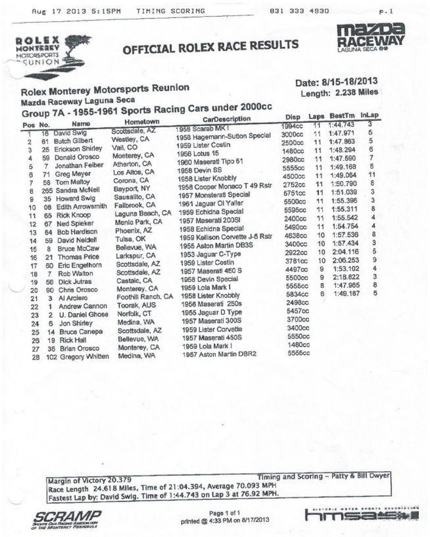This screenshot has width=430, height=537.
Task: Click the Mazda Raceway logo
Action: click(x=371, y=37)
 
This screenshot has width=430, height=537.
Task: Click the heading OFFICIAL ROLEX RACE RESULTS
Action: click(x=210, y=47)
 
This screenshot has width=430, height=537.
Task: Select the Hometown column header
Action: click(x=142, y=122)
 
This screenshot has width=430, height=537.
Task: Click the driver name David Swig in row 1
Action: click(x=70, y=132)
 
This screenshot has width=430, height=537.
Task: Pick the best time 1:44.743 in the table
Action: click(x=341, y=125)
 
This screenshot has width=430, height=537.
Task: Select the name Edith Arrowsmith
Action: click(x=81, y=207)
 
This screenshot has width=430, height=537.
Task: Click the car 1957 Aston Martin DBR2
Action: click(x=219, y=354)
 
